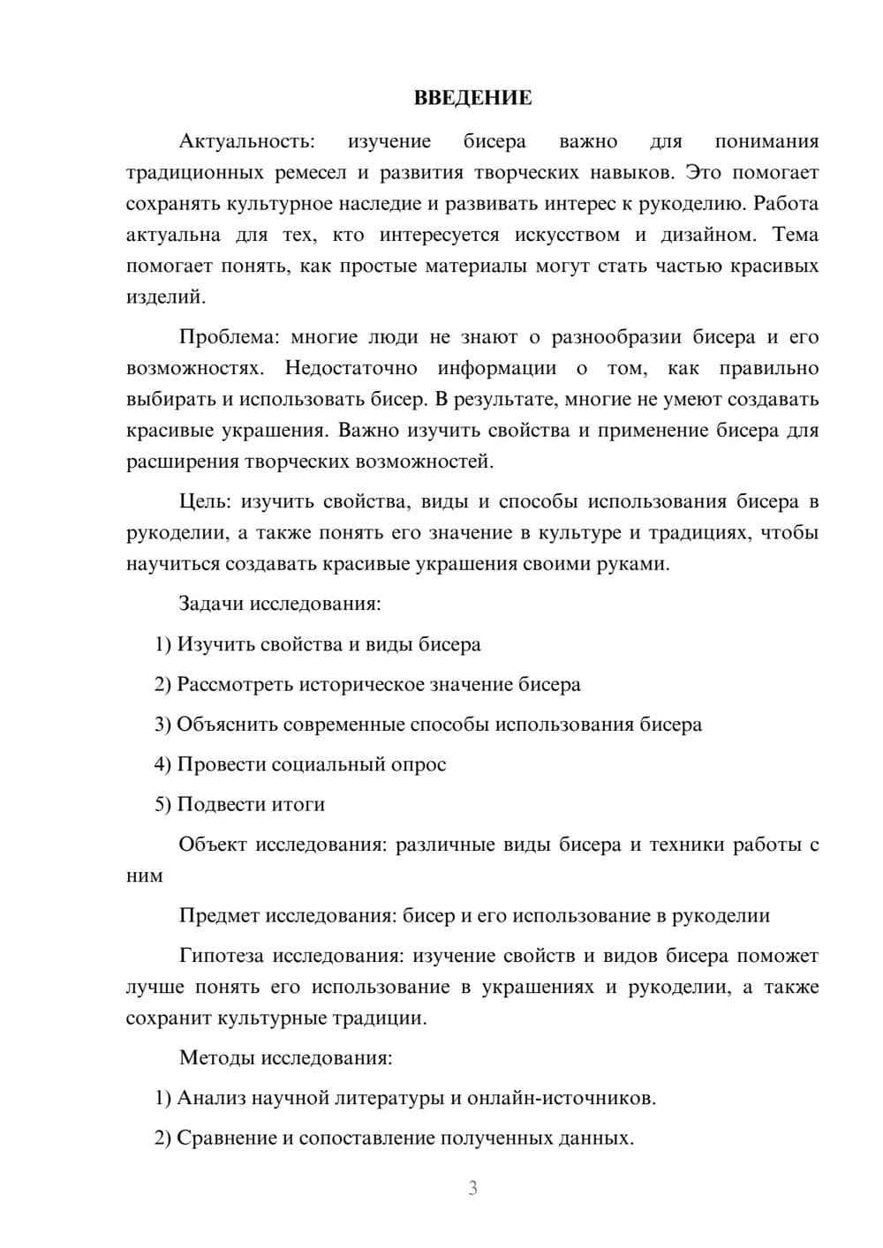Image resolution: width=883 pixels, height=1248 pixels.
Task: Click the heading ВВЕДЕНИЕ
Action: coord(472,98)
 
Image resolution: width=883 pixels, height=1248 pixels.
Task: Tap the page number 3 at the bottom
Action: coord(472,1188)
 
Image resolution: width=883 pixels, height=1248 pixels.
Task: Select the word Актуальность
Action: coord(245,142)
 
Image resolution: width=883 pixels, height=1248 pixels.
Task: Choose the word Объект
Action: coord(213,845)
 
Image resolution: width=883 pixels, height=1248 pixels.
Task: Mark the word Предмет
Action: coord(219,916)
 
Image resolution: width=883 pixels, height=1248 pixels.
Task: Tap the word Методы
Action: coord(216,1058)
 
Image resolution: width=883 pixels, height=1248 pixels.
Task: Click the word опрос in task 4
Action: coord(419,764)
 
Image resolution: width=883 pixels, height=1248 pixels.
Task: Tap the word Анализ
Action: coord(211,1098)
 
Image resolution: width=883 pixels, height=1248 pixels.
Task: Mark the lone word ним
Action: coord(145,876)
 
